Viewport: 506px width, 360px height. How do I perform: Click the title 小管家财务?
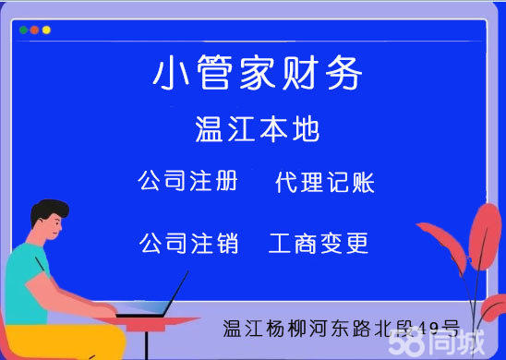click(258, 74)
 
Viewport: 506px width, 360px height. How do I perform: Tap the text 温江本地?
click(258, 129)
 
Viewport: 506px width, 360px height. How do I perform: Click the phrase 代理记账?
click(325, 182)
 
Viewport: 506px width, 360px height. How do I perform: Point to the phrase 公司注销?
click(188, 244)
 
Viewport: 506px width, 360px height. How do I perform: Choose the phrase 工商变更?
click(319, 244)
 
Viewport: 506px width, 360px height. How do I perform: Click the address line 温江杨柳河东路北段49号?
click(341, 327)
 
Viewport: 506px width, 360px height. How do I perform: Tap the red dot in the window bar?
click(34, 30)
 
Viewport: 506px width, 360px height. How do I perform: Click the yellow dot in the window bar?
click(46, 30)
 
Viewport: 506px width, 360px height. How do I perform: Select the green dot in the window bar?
click(23, 30)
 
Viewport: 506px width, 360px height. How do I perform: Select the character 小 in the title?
click(169, 74)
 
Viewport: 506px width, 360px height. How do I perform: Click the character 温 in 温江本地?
click(210, 129)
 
